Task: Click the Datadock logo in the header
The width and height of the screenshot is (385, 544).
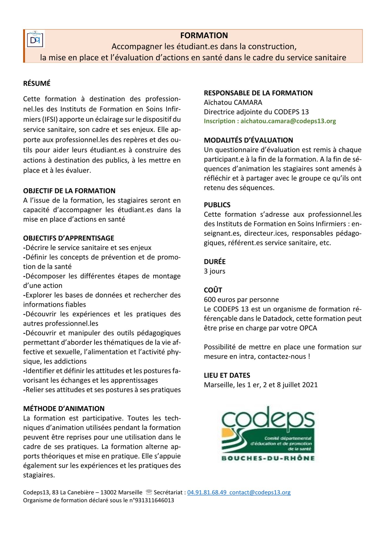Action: point(35,39)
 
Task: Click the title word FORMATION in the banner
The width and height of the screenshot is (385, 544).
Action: point(204,36)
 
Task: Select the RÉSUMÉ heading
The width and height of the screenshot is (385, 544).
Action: point(37,84)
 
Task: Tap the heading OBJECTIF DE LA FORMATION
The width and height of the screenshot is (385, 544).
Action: point(69,191)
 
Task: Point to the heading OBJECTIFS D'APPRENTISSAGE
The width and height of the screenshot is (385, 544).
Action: point(69,238)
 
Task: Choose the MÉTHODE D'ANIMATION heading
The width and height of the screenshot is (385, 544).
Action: point(64,409)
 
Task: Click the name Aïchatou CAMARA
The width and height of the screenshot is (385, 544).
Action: point(233,103)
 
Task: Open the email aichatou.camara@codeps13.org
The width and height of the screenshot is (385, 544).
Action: point(288,121)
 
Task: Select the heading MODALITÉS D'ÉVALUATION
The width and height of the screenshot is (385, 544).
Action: point(248,140)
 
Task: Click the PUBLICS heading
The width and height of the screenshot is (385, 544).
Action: point(217,205)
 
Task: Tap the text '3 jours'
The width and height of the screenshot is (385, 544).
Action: point(214,271)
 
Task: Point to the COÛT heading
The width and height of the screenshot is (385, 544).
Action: point(213,290)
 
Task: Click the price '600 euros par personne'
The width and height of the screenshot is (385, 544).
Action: point(241,300)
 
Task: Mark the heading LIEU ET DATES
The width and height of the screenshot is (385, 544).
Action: point(227,375)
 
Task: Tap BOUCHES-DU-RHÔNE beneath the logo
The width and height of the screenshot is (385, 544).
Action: point(268,458)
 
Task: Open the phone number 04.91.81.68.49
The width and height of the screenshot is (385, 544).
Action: point(207,492)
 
